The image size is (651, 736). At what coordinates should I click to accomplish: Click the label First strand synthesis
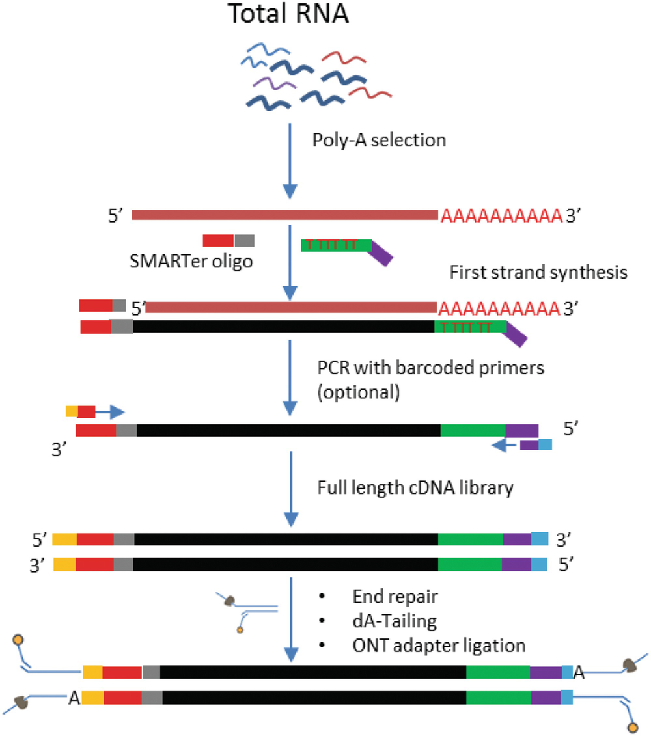click(x=538, y=273)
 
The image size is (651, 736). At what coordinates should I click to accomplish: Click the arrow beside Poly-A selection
click(x=290, y=156)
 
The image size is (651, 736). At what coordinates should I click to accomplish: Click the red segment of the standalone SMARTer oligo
click(x=218, y=241)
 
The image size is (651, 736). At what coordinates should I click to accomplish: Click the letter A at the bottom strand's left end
click(x=73, y=698)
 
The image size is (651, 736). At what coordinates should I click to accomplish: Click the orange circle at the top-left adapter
click(x=19, y=642)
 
